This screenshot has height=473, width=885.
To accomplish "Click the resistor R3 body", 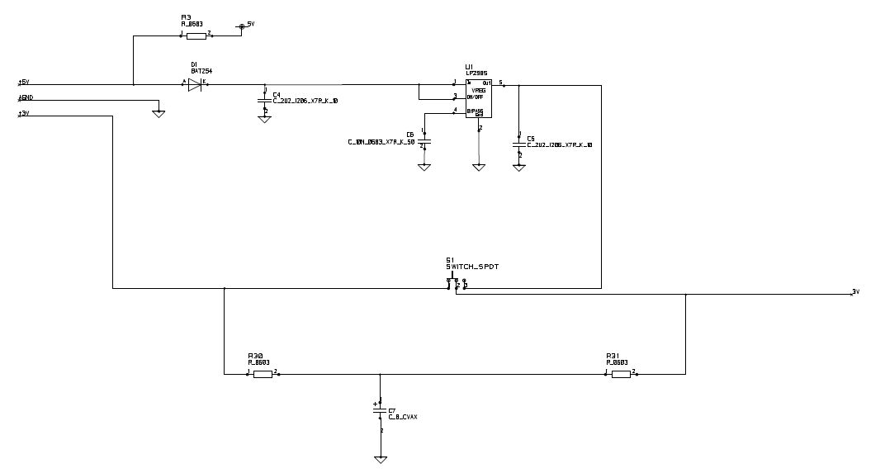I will (196, 35).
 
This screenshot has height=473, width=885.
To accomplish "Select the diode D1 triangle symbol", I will (195, 84).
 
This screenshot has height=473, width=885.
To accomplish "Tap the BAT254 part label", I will (201, 72).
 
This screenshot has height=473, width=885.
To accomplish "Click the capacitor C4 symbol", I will (264, 99).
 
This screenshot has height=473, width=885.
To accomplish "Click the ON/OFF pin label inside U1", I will (475, 97).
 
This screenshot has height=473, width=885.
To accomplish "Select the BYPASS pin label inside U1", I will (474, 111).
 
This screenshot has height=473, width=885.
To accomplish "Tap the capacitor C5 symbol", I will (518, 144).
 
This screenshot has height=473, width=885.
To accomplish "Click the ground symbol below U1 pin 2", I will (479, 167).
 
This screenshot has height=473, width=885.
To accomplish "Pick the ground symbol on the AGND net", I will (159, 114).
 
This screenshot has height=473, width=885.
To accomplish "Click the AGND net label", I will (26, 98).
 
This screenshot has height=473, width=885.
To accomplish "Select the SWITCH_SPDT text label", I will (472, 267).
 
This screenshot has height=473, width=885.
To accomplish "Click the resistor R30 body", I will (263, 374).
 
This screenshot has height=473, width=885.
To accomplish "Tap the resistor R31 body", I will (621, 374).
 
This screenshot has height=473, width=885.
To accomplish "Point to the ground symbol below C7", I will (380, 459).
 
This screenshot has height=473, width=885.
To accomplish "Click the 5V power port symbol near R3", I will (242, 26).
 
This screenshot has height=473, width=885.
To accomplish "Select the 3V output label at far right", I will (856, 292).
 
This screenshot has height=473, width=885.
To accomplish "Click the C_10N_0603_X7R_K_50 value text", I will (381, 142).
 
